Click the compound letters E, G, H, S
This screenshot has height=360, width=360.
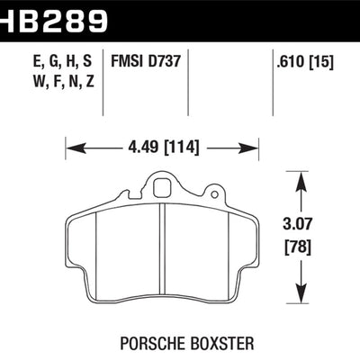tap(49, 64)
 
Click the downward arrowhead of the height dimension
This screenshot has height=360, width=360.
tap(299, 293)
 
